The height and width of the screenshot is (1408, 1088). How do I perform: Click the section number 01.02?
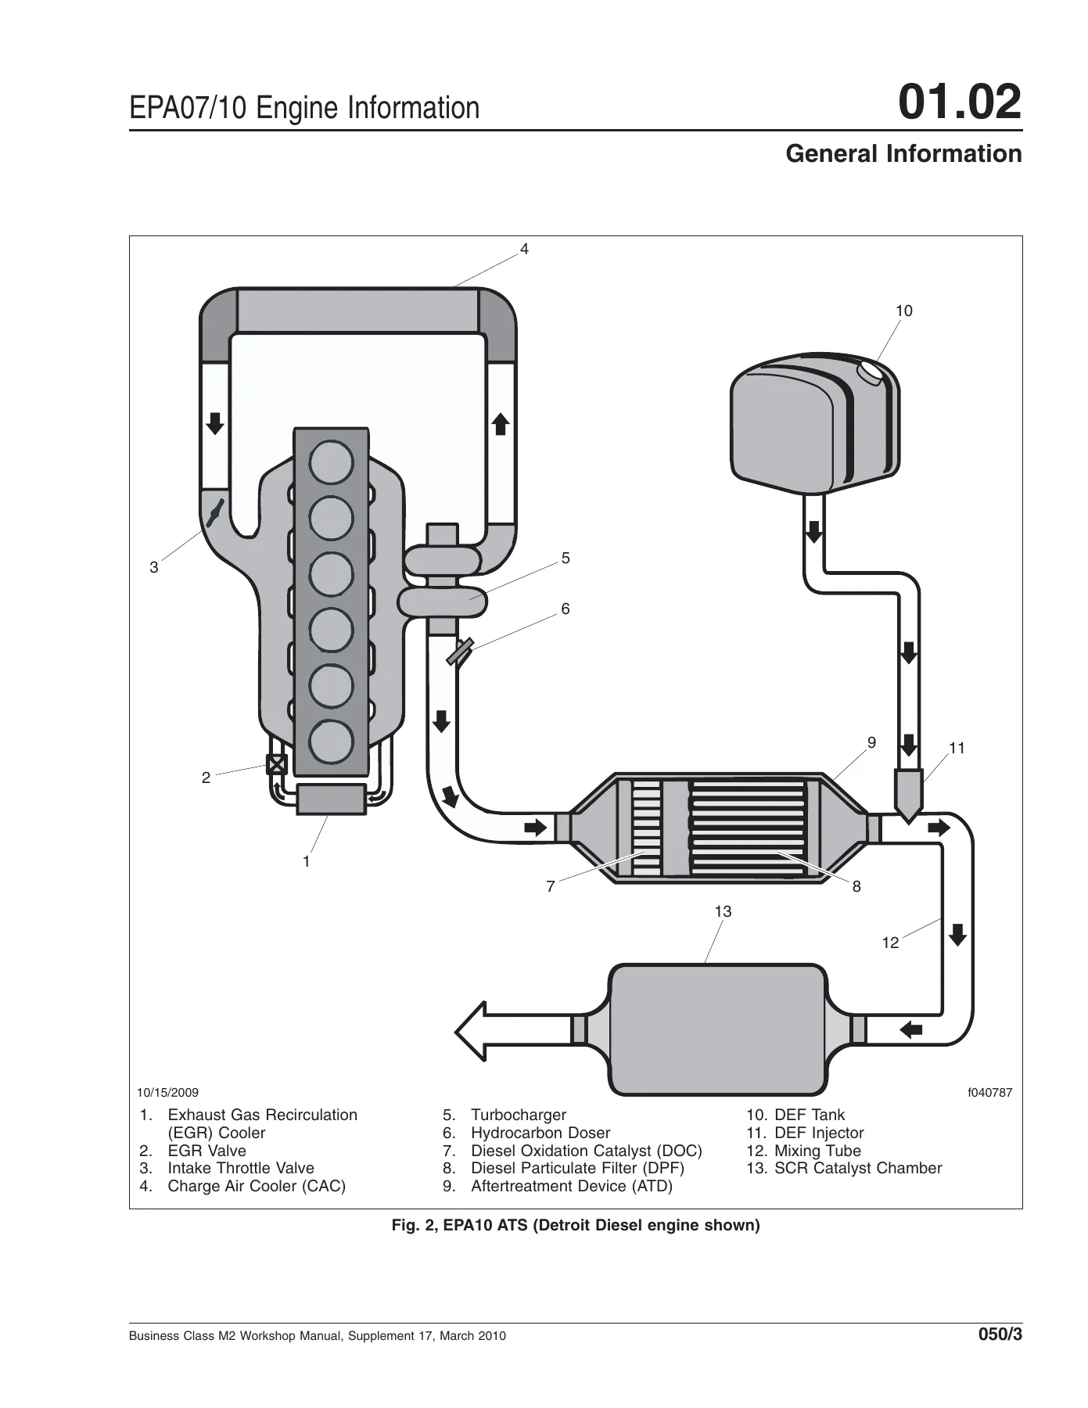click(x=960, y=103)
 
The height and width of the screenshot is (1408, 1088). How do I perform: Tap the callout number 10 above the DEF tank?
click(x=903, y=311)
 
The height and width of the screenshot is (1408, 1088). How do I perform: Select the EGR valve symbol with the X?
click(x=277, y=763)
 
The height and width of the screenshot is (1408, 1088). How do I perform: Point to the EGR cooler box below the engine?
click(x=331, y=799)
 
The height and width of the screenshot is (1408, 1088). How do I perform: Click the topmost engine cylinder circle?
click(x=331, y=462)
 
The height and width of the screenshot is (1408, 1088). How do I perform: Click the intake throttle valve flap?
click(x=215, y=512)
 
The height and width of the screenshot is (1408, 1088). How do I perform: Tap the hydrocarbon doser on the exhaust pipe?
click(x=460, y=652)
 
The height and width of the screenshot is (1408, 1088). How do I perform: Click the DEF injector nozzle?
click(x=907, y=795)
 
